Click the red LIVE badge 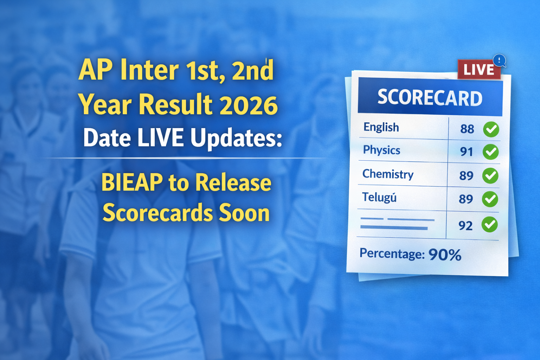(478, 70)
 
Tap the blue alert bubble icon (499, 60)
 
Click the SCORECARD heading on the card (430, 97)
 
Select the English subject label (381, 127)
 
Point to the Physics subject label (381, 150)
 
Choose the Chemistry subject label (388, 174)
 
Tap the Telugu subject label (379, 198)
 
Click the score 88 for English (467, 129)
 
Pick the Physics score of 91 (467, 152)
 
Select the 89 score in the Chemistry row (466, 175)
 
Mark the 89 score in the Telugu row (466, 199)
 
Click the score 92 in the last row (465, 225)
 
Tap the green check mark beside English (491, 129)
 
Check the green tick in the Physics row (490, 152)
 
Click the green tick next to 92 (489, 225)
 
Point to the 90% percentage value (445, 255)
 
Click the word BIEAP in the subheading (132, 183)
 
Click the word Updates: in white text (236, 138)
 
